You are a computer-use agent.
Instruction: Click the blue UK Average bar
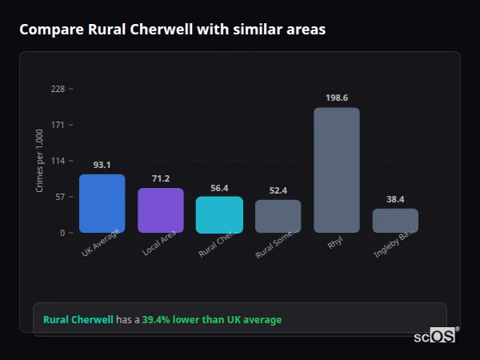pos(102,203)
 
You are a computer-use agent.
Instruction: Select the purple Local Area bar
pos(161,210)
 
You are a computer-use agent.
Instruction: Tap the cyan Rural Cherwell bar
pos(219,214)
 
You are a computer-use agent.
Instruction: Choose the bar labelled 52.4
pos(278,216)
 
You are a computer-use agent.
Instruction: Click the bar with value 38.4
pos(395,221)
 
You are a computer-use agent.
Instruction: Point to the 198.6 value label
pos(337,98)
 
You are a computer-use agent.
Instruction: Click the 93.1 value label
pos(102,165)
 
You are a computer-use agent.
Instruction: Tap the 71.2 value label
pos(161,178)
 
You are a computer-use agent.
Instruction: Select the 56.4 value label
pos(219,188)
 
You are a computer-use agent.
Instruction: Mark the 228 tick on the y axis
pos(58,89)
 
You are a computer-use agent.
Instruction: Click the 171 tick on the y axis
pos(58,125)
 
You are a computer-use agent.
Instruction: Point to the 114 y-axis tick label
pos(58,161)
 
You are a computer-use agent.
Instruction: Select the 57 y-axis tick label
pos(60,197)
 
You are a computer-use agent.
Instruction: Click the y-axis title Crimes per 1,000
pos(40,160)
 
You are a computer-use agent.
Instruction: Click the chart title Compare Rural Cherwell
pos(172,30)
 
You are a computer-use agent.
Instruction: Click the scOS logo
pos(435,336)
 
